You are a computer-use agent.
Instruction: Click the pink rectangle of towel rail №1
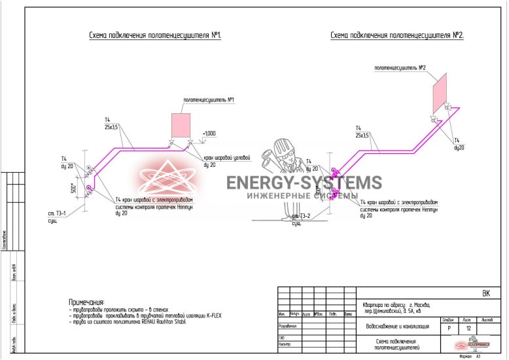(181, 124)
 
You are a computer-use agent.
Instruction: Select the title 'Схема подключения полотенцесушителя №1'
(155, 35)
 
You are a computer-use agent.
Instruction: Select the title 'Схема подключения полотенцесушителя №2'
(396, 35)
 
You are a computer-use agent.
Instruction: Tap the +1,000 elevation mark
(209, 134)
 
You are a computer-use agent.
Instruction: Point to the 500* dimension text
(75, 189)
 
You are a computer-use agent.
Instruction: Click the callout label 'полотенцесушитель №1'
(209, 100)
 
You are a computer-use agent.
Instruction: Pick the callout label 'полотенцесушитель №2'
(400, 67)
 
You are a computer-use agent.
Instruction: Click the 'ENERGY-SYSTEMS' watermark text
(304, 183)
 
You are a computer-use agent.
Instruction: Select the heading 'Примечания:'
(86, 301)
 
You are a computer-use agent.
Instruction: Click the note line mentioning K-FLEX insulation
(145, 315)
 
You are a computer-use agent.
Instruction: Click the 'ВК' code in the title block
(485, 294)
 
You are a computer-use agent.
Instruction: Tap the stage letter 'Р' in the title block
(449, 328)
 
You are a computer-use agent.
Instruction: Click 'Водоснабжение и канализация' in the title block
(397, 326)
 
